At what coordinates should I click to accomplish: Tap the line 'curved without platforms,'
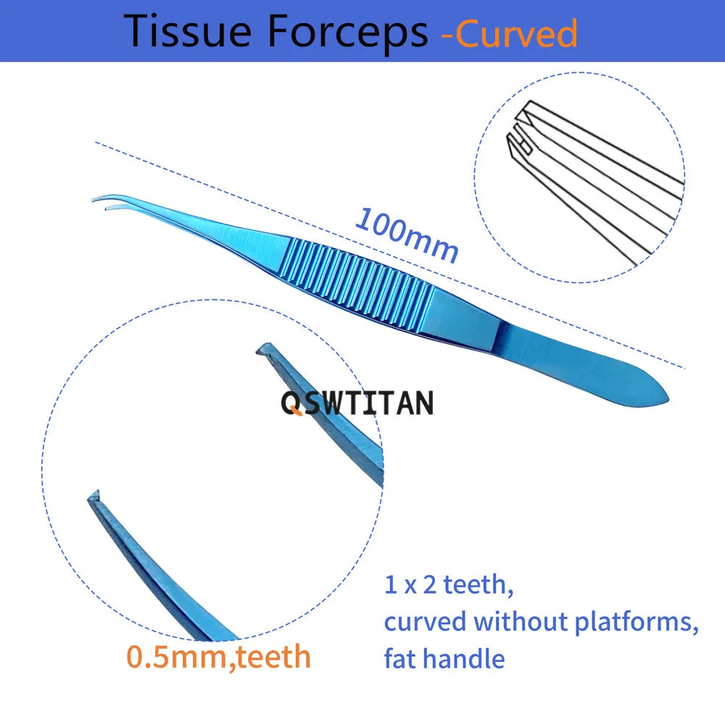coord(541,622)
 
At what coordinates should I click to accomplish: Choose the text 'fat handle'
coord(444,658)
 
